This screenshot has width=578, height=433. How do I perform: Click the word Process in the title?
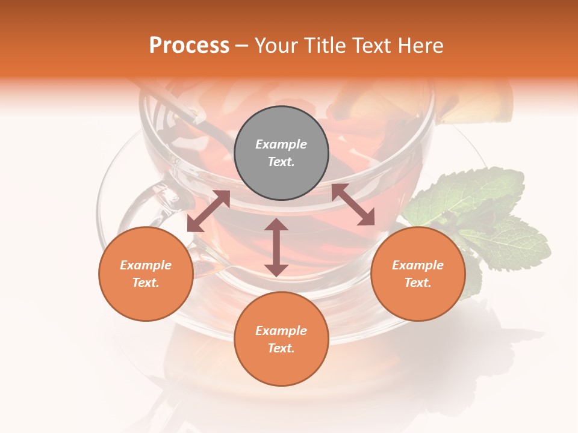click(x=189, y=46)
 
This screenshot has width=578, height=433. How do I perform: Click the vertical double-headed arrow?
click(x=276, y=248)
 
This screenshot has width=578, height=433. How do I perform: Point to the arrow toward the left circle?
click(x=208, y=211)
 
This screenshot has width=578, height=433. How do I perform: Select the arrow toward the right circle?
click(x=353, y=204)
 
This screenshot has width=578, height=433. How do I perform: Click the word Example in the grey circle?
click(x=281, y=144)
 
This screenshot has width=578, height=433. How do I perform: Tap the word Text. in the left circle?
click(x=146, y=283)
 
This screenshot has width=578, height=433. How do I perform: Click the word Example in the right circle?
click(x=418, y=265)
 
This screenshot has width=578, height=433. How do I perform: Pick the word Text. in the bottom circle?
click(x=281, y=348)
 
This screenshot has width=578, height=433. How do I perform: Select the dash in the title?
click(x=241, y=46)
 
